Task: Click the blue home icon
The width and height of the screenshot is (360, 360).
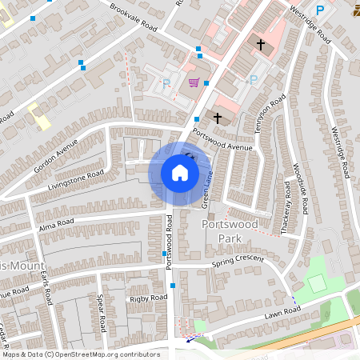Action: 179,173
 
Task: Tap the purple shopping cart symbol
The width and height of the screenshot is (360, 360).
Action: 193,82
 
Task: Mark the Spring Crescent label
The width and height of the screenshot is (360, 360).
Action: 238,262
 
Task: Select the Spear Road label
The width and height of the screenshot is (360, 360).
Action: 102,314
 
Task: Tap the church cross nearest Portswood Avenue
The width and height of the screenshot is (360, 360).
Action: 217,118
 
